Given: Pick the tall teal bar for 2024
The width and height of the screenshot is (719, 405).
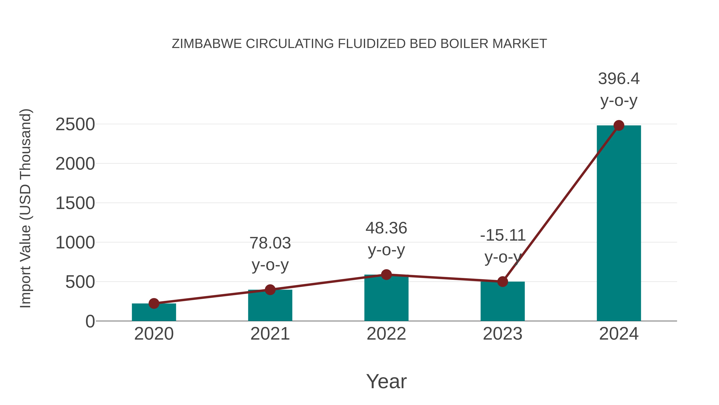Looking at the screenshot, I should coord(619,224).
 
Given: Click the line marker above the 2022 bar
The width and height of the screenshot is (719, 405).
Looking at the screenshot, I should coord(386,275).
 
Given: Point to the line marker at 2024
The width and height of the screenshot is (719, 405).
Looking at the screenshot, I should coord(619,125).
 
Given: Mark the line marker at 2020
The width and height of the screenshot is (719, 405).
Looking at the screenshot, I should coord(154,303).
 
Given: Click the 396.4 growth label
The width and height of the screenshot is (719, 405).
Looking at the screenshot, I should coord(619,79).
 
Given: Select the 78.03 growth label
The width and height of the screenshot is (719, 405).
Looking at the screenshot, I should coord(270,243).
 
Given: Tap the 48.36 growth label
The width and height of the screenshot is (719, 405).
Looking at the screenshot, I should coord(386,228).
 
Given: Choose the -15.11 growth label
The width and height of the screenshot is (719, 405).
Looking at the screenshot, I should coord(503,235).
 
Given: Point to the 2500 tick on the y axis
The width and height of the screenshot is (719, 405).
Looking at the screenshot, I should coord(75,125).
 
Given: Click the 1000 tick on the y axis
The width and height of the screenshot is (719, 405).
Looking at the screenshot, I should coord(75,243).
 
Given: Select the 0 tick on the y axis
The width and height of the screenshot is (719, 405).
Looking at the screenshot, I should coord(90,321).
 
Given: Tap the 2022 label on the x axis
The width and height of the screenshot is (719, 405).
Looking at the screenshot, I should coord(386,334).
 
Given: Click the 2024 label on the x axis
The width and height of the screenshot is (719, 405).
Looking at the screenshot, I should coord(619,334).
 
